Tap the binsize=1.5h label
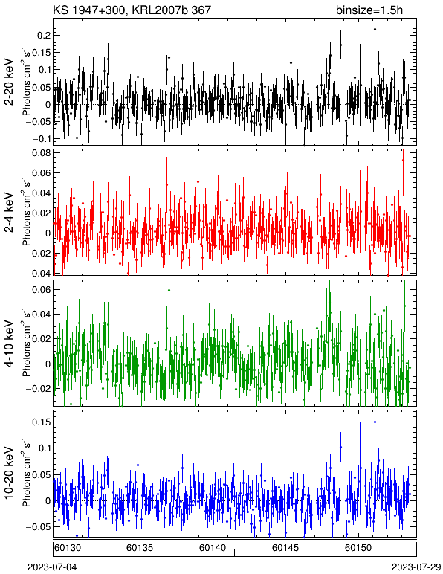369,10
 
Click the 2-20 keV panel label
9,82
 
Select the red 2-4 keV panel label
9,213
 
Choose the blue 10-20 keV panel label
9,473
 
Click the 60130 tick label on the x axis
68,548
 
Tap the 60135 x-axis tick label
140,548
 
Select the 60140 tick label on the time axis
213,548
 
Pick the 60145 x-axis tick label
285,548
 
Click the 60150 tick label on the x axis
358,548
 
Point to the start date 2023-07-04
52,567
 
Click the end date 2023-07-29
416,567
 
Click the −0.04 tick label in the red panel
38,273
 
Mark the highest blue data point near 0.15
375,422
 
